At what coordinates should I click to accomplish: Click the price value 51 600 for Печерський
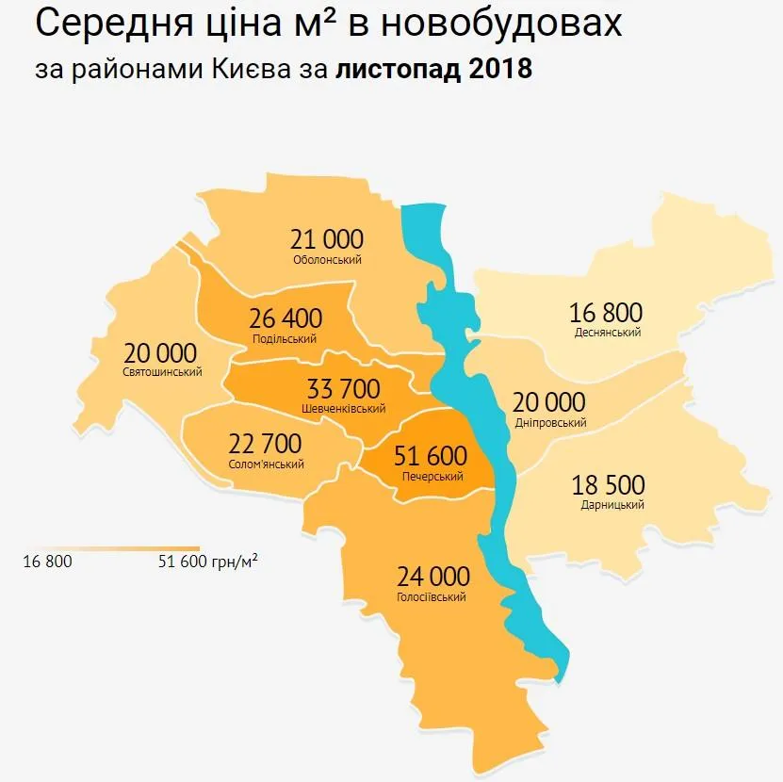coord(430,457)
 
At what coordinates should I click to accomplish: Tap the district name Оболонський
coord(327,260)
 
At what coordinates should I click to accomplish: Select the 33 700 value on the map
coord(343,389)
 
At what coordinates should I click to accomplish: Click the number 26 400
coord(285,318)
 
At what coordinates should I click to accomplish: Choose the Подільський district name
coord(285,339)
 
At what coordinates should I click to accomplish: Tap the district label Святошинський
coord(162,372)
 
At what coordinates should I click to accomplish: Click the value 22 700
coord(265,444)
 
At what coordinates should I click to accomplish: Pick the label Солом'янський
coord(266,464)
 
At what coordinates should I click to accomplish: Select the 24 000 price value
coord(432,576)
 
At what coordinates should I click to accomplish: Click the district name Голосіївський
coord(432,597)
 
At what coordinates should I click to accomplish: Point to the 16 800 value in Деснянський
coord(606,312)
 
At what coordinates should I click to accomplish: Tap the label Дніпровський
coord(550,423)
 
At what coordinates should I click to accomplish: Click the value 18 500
coord(608,485)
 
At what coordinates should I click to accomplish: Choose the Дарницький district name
coord(612,506)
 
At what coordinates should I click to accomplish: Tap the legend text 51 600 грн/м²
coord(208,562)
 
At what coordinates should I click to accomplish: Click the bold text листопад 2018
coord(434,71)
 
